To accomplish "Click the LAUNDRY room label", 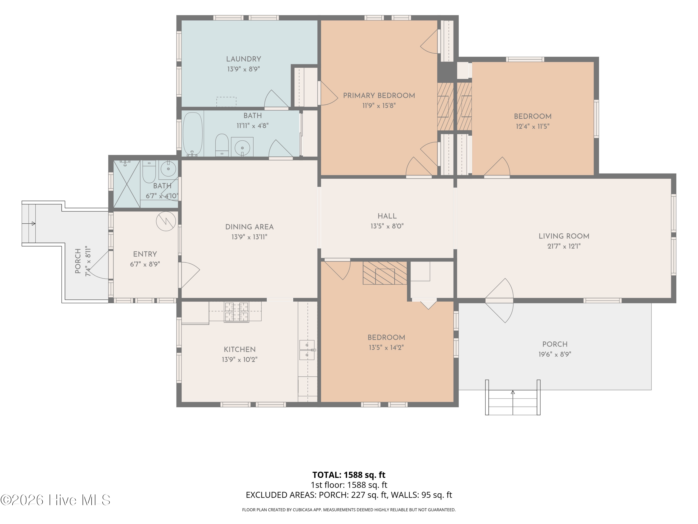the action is [243, 59].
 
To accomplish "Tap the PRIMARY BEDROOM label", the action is [379, 96].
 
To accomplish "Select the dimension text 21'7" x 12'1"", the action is [564, 246].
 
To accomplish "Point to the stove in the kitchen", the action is [236, 312].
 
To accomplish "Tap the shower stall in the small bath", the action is [127, 184].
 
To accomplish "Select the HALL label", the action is [387, 216].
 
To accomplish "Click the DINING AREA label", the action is [249, 227].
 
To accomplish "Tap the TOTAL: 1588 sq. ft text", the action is [349, 475].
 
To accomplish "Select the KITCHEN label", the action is [239, 350].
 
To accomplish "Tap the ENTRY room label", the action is [145, 254].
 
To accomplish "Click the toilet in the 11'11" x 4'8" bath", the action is [222, 145].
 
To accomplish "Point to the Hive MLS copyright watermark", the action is [55, 500].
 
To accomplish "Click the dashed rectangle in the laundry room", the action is [226, 102].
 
